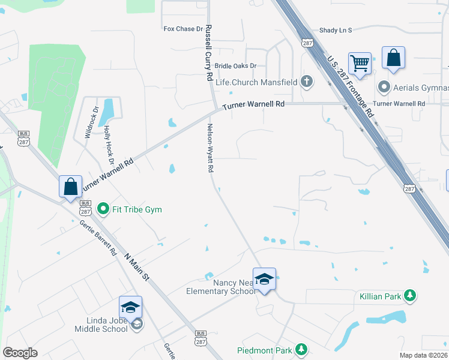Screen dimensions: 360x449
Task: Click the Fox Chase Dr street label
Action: (x=184, y=29)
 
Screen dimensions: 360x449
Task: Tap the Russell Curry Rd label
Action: (x=209, y=53)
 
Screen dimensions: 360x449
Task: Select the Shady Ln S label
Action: (x=336, y=29)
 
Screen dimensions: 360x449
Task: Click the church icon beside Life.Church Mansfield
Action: (x=307, y=81)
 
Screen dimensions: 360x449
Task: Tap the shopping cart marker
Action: (x=360, y=62)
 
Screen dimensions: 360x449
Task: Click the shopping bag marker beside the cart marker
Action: (x=393, y=58)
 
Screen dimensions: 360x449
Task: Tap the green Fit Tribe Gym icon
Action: (x=103, y=209)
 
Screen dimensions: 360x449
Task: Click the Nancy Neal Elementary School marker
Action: (x=264, y=279)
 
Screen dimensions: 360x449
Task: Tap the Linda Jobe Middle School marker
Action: (x=131, y=307)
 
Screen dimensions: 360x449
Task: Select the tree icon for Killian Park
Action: (x=410, y=295)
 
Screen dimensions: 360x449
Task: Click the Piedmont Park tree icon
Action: (x=301, y=350)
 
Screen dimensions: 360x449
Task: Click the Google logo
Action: (x=20, y=352)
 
